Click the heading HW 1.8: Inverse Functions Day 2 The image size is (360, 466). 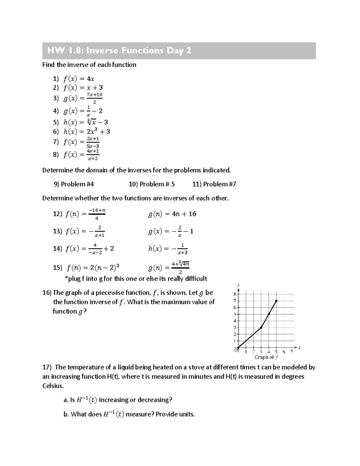point(119,51)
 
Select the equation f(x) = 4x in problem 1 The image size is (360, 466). point(79,79)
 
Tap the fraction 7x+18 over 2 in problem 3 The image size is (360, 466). point(94,98)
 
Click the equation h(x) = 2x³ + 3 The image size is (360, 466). point(86,131)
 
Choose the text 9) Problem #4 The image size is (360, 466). point(74,184)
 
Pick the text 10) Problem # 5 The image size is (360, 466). point(151,184)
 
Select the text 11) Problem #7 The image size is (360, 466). point(214,184)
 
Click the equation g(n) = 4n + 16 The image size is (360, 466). point(172,214)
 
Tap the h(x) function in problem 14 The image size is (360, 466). point(168,249)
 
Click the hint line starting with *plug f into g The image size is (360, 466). point(136,279)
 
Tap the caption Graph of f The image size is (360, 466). point(266,357)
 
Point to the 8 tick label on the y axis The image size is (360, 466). point(235,294)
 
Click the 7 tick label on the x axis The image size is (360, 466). point(291,352)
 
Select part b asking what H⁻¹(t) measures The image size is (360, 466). point(129,414)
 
